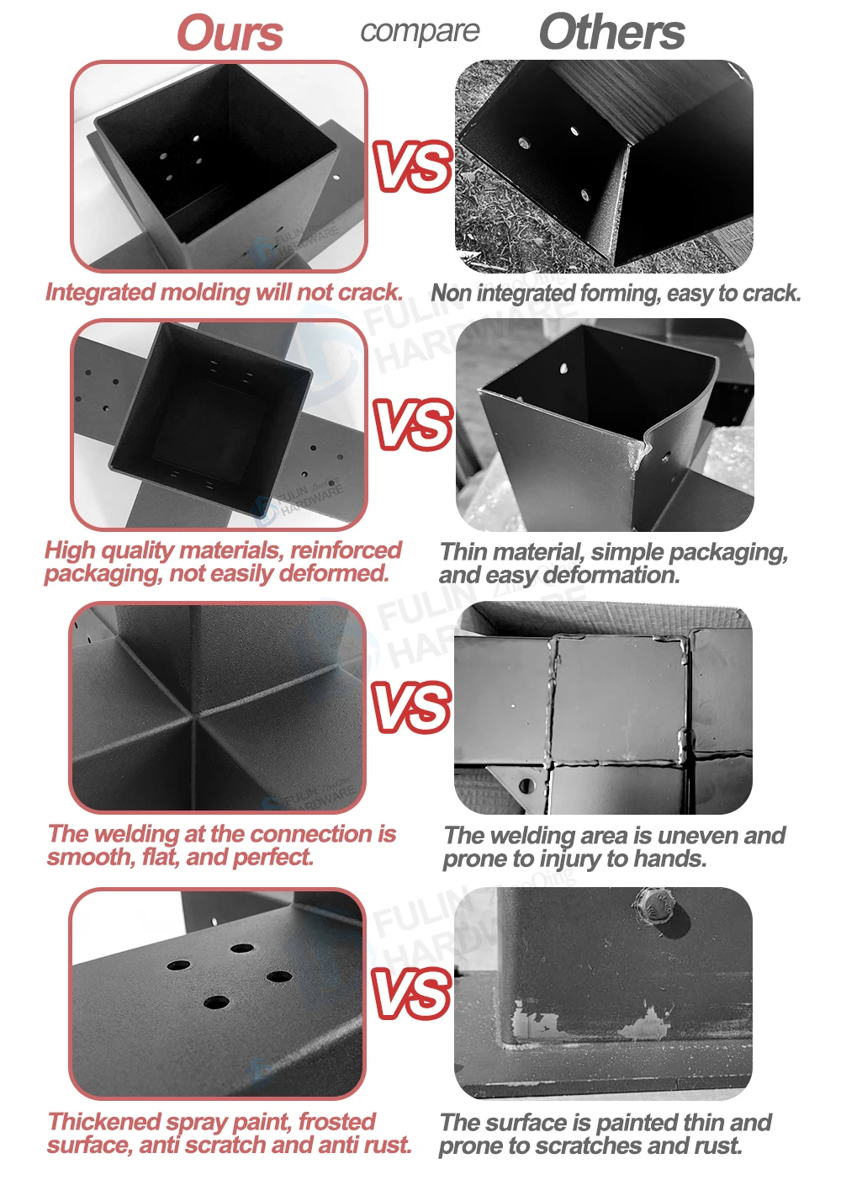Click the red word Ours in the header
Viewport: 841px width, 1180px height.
click(230, 33)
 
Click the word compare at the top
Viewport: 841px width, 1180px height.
click(420, 32)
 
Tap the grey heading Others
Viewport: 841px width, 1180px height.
click(612, 32)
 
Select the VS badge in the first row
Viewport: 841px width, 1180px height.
click(412, 167)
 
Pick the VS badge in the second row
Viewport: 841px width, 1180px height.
click(412, 424)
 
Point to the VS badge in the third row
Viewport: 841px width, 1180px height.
click(411, 708)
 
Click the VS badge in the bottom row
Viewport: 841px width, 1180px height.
click(411, 993)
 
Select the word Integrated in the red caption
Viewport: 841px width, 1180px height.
click(99, 293)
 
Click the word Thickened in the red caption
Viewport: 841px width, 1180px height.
click(103, 1122)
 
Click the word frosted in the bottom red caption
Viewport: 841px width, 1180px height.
click(337, 1122)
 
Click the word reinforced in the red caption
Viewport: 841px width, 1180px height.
click(346, 550)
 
